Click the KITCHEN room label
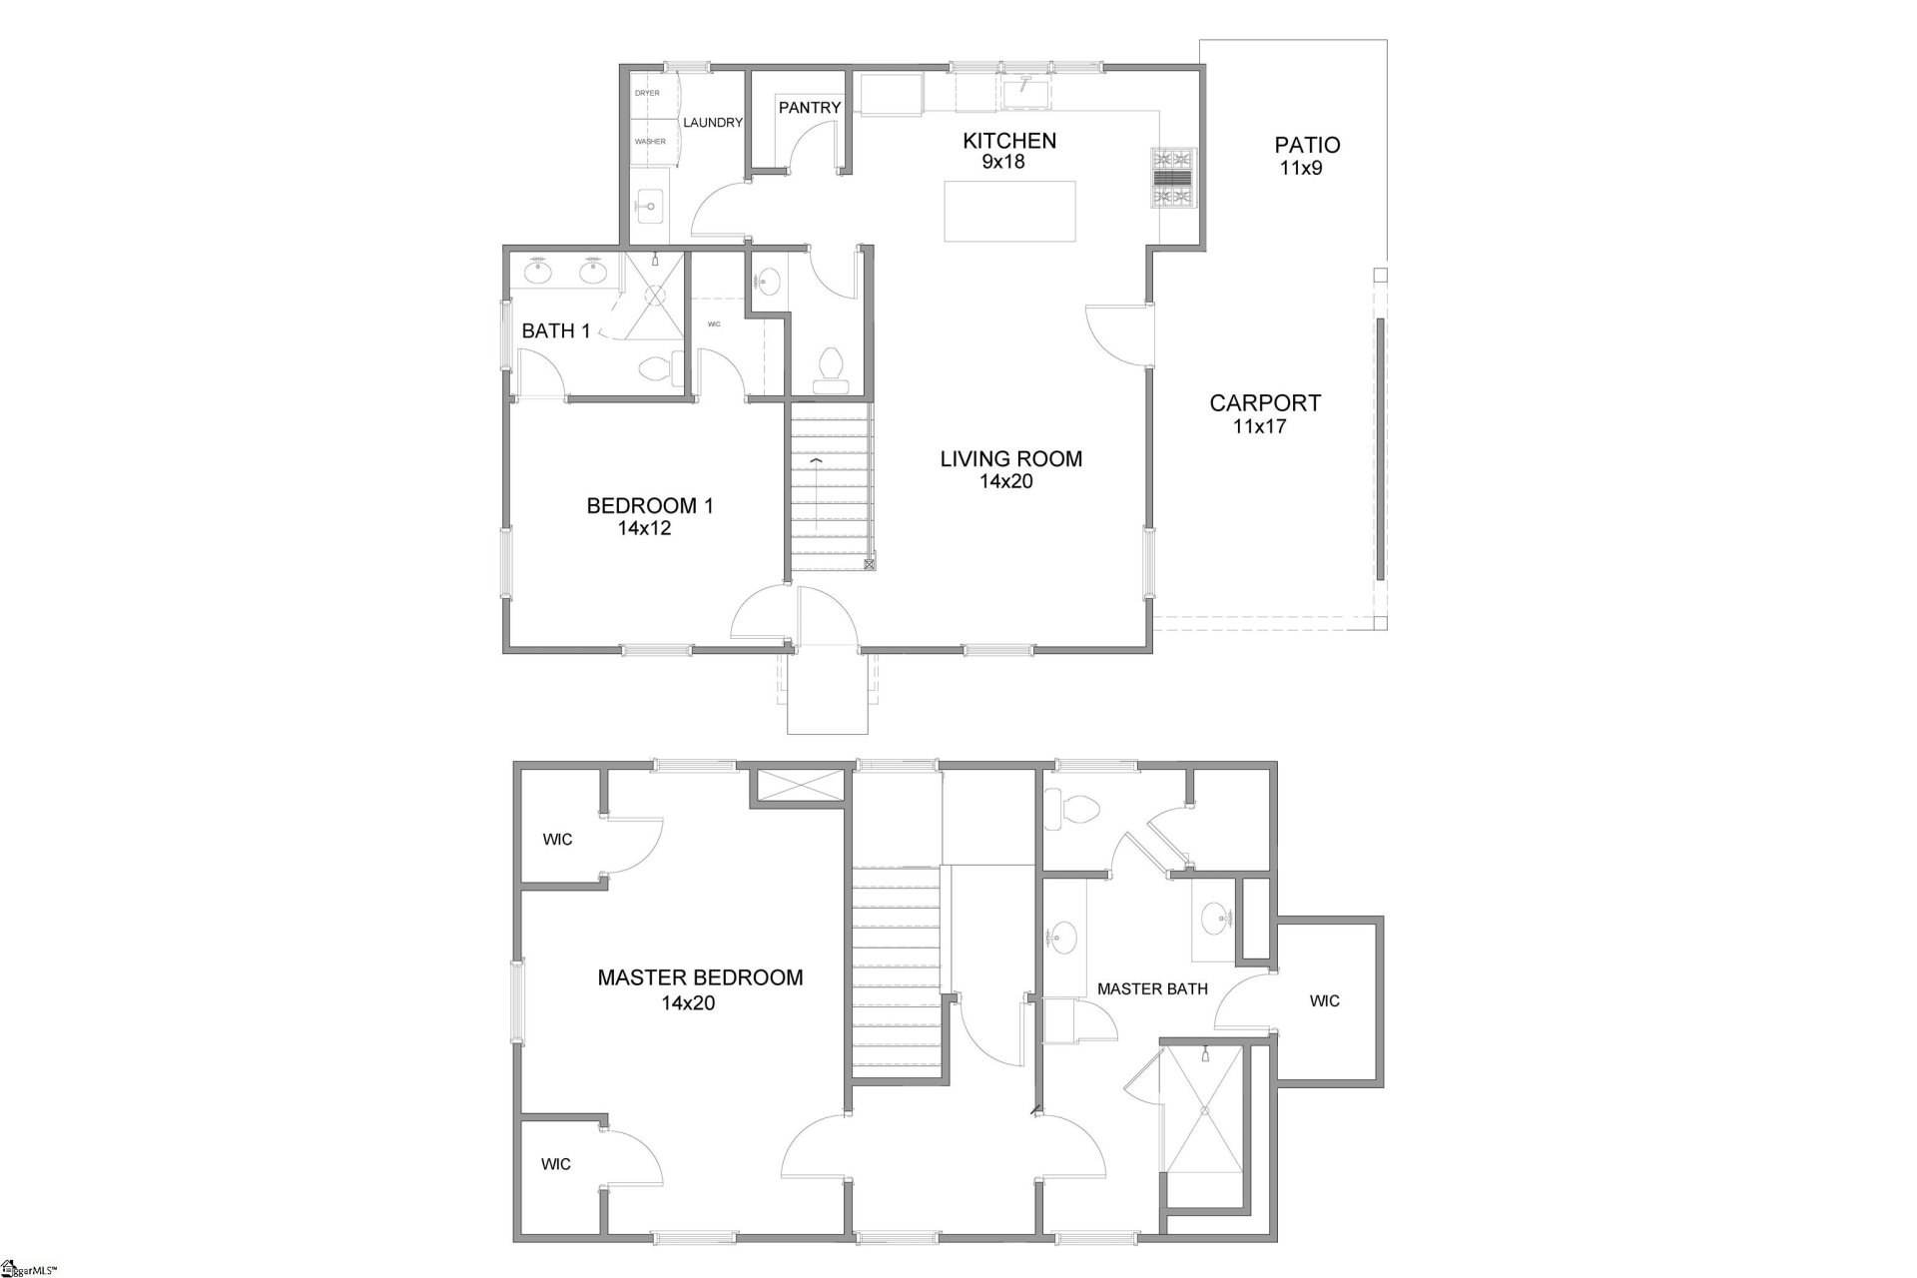pos(1008,141)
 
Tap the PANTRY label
pos(809,108)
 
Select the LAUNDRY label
pos(713,123)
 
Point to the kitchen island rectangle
pos(1010,211)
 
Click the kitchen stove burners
pos(1174,177)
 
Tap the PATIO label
pos(1307,146)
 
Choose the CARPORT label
pos(1265,403)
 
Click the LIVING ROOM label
pos(1010,459)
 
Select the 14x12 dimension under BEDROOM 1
pos(644,528)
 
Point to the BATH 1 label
pos(556,331)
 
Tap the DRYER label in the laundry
pos(648,93)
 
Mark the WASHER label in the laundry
pos(650,142)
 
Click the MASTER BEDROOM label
pos(700,978)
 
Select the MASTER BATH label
pos(1152,989)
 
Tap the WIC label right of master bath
pos(1325,1001)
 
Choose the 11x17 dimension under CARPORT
pos(1260,426)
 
